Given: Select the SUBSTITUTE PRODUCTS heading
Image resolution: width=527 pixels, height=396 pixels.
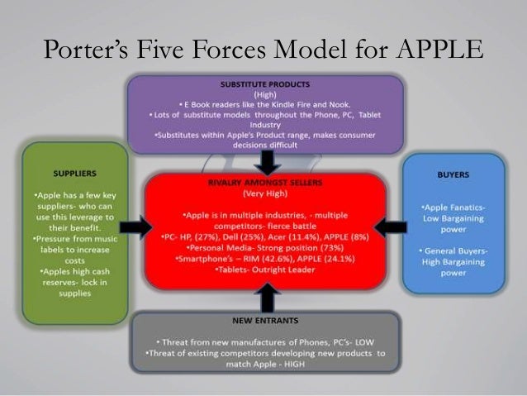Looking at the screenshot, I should (x=264, y=84).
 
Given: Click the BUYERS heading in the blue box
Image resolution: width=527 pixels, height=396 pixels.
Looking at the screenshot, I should (x=453, y=175).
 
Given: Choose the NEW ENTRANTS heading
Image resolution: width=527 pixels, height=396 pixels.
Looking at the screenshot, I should (x=264, y=319).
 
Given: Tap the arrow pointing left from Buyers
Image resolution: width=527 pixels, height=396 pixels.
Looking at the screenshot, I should (x=396, y=224).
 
